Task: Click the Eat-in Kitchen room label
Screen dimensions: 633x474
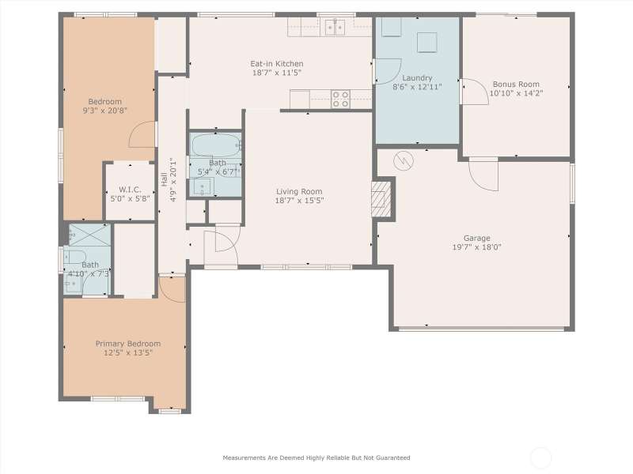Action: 276,64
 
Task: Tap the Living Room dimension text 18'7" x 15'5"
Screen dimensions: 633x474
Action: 299,201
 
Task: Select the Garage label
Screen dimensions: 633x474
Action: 477,239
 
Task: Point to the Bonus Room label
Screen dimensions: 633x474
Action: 516,85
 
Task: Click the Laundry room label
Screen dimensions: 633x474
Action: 417,78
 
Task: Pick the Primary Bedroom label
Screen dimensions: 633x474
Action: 128,344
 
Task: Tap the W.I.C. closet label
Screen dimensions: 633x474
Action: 130,190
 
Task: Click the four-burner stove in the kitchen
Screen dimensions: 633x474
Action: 340,100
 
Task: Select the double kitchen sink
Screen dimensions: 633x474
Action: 335,28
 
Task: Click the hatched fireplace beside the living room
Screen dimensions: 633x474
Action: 381,199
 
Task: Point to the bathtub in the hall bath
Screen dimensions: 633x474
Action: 216,145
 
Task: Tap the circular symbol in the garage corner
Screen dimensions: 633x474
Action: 404,161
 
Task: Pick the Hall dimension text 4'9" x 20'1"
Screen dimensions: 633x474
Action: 172,180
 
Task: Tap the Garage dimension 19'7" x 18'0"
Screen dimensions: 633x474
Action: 477,247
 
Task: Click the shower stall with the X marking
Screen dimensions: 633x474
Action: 89,235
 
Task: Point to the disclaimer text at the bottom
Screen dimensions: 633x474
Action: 316,457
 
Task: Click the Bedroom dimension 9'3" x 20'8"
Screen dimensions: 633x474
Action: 105,111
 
